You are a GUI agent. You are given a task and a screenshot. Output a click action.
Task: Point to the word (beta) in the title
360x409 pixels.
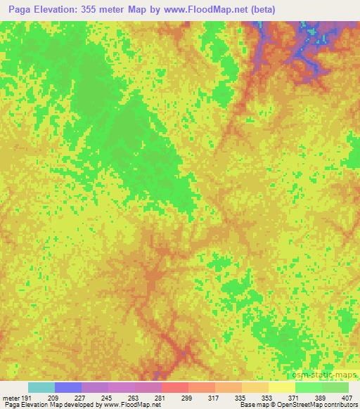click(x=258, y=10)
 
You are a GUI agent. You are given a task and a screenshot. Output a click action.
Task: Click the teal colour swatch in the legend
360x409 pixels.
click(x=41, y=387)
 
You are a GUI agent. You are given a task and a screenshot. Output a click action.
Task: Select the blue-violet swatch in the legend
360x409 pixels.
click(x=68, y=387)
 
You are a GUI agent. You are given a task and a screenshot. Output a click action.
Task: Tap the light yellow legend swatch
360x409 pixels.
click(x=282, y=387)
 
